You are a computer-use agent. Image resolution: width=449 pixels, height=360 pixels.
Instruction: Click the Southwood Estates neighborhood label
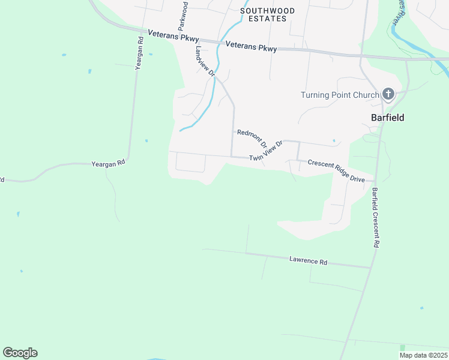coord(267,14)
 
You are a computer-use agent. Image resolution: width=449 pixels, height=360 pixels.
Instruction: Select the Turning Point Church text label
coord(340,95)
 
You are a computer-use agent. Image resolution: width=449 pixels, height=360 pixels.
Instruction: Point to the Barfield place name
coord(387,118)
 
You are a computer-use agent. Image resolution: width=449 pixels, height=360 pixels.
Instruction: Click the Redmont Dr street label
coord(252,139)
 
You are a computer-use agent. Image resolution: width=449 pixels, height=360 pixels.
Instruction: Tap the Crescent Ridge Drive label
coord(336,171)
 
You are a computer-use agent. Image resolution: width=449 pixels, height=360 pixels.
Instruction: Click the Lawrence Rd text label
coord(308,261)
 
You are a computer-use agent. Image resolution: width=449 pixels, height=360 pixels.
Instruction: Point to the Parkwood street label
coord(182,16)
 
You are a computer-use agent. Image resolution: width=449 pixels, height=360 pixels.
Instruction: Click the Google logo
coord(20,353)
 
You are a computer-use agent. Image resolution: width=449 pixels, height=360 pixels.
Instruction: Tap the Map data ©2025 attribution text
coord(423,355)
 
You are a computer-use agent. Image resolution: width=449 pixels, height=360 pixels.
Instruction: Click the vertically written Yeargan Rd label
coord(139,54)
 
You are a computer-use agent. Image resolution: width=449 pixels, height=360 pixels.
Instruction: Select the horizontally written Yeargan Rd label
coord(108,163)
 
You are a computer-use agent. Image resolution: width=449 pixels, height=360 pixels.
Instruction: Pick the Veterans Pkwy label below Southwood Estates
coord(251,47)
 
